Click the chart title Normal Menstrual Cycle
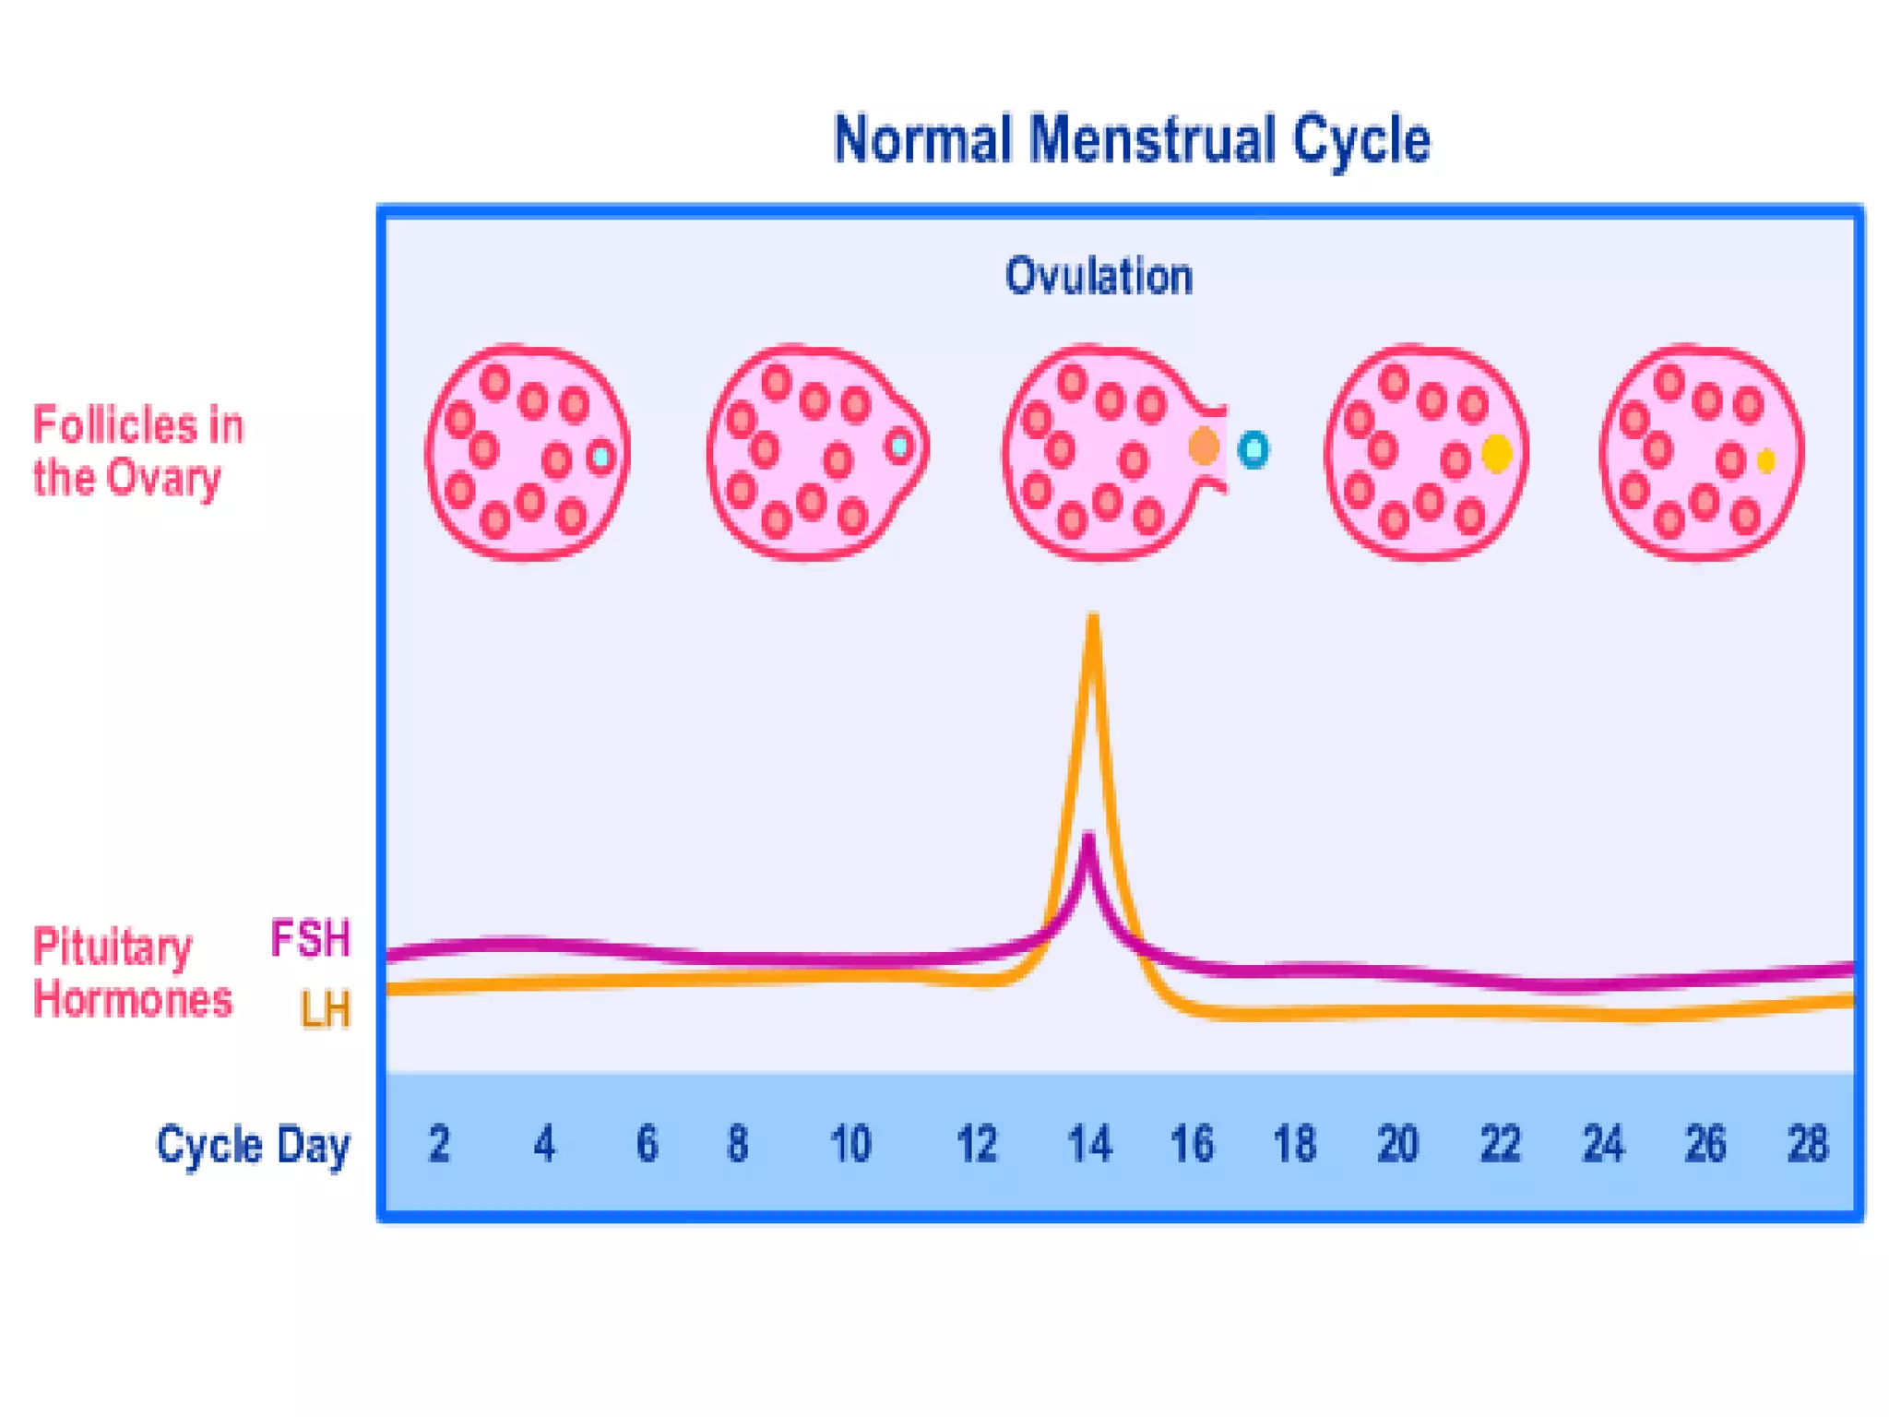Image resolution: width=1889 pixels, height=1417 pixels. (x=1131, y=140)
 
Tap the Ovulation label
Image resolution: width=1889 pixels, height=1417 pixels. (x=1099, y=276)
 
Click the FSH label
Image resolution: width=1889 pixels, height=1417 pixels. (x=311, y=939)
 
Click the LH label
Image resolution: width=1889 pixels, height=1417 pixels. (x=326, y=1009)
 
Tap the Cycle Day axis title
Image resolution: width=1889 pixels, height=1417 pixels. (x=253, y=1146)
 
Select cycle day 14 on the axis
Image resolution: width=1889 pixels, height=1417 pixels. (x=1089, y=1145)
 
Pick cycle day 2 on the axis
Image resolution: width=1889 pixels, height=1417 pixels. (x=439, y=1145)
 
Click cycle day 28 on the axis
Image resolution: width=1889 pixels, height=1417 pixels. (x=1807, y=1145)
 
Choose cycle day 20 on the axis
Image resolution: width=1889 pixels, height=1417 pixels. (x=1396, y=1145)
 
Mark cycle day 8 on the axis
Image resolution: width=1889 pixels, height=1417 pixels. (x=737, y=1145)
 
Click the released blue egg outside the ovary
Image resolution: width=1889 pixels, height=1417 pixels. (x=1253, y=450)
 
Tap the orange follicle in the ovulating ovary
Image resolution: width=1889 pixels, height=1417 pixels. (x=1204, y=447)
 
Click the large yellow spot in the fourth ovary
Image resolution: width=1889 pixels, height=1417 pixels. (x=1496, y=453)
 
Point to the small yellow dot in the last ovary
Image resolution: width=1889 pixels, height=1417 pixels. (x=1765, y=461)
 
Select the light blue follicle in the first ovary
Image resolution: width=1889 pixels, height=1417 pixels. (x=601, y=456)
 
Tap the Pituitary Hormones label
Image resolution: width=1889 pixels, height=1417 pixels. (x=132, y=973)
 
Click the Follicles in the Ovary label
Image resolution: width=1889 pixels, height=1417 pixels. (x=137, y=451)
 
